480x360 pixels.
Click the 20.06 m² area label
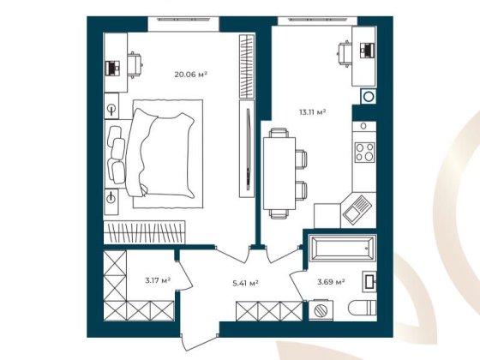pyautogui.click(x=190, y=75)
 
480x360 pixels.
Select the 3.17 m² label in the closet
pyautogui.click(x=157, y=279)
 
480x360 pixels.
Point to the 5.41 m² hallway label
pyautogui.click(x=246, y=282)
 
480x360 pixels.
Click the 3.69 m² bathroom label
pyautogui.click(x=331, y=281)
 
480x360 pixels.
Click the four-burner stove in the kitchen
pyautogui.click(x=364, y=153)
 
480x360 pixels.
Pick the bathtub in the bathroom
pyautogui.click(x=341, y=249)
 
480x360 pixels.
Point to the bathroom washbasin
pyautogui.click(x=369, y=280)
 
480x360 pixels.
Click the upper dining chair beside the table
pyautogui.click(x=300, y=158)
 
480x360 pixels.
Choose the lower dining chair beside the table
pyautogui.click(x=300, y=189)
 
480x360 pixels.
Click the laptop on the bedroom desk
pyautogui.click(x=111, y=66)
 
